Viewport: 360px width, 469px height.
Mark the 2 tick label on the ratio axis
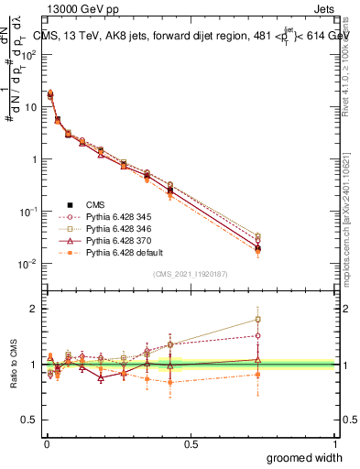[36, 309]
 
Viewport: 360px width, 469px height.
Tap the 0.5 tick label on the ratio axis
[31, 420]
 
